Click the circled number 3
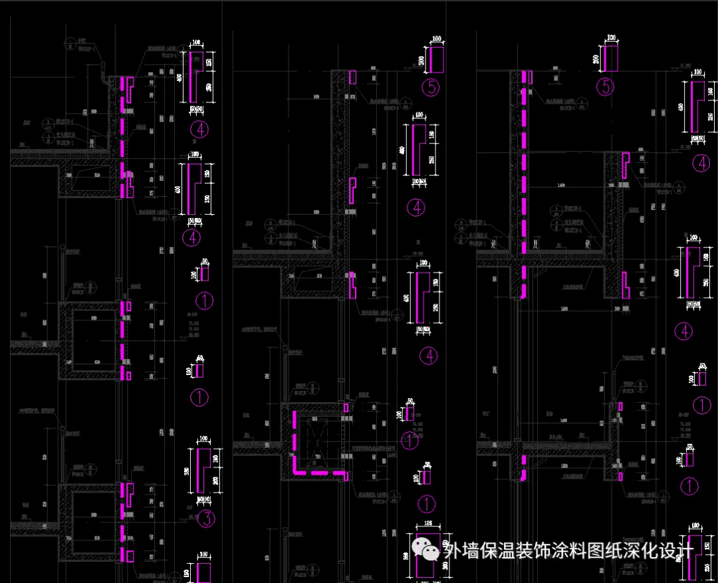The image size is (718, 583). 205,519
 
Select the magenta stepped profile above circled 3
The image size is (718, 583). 203,471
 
